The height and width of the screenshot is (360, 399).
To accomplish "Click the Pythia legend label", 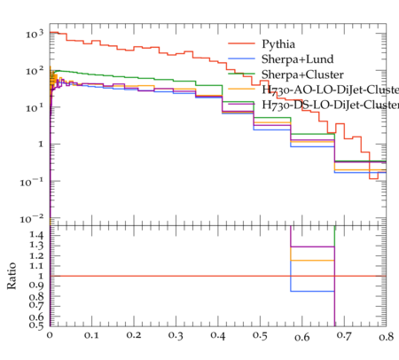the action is click(x=278, y=44).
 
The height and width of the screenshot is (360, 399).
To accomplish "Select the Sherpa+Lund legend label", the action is click(x=298, y=59).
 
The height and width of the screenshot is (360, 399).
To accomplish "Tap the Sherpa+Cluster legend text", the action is click(x=302, y=74).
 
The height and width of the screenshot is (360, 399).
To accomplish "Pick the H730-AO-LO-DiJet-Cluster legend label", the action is click(x=331, y=90).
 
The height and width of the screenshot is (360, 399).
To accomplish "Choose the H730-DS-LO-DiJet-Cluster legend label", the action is click(x=331, y=105).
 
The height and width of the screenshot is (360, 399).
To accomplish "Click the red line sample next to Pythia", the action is click(x=241, y=43).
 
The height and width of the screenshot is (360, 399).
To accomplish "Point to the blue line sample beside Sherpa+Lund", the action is click(x=241, y=59).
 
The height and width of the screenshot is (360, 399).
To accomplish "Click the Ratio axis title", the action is click(x=12, y=276).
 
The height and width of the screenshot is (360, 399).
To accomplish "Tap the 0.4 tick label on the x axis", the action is click(x=218, y=336).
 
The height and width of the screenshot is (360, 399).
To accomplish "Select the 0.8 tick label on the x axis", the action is click(x=387, y=336).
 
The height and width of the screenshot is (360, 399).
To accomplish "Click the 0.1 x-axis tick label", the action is click(x=91, y=335).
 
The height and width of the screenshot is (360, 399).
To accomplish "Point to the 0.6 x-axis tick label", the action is click(x=302, y=337).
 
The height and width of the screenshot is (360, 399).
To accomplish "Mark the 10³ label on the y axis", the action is click(x=35, y=34).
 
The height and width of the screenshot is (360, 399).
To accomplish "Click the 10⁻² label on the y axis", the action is click(x=32, y=219).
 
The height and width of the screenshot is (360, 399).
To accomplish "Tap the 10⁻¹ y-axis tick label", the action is click(x=32, y=182).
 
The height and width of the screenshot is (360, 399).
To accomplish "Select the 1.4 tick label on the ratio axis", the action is click(x=36, y=235).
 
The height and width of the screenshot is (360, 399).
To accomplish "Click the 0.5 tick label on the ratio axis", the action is click(x=36, y=325).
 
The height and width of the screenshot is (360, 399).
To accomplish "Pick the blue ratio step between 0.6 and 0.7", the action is click(x=312, y=292).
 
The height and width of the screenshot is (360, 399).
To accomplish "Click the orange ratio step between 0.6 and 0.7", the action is click(x=312, y=261).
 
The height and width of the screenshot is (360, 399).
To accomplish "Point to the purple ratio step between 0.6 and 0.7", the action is click(x=312, y=247).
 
